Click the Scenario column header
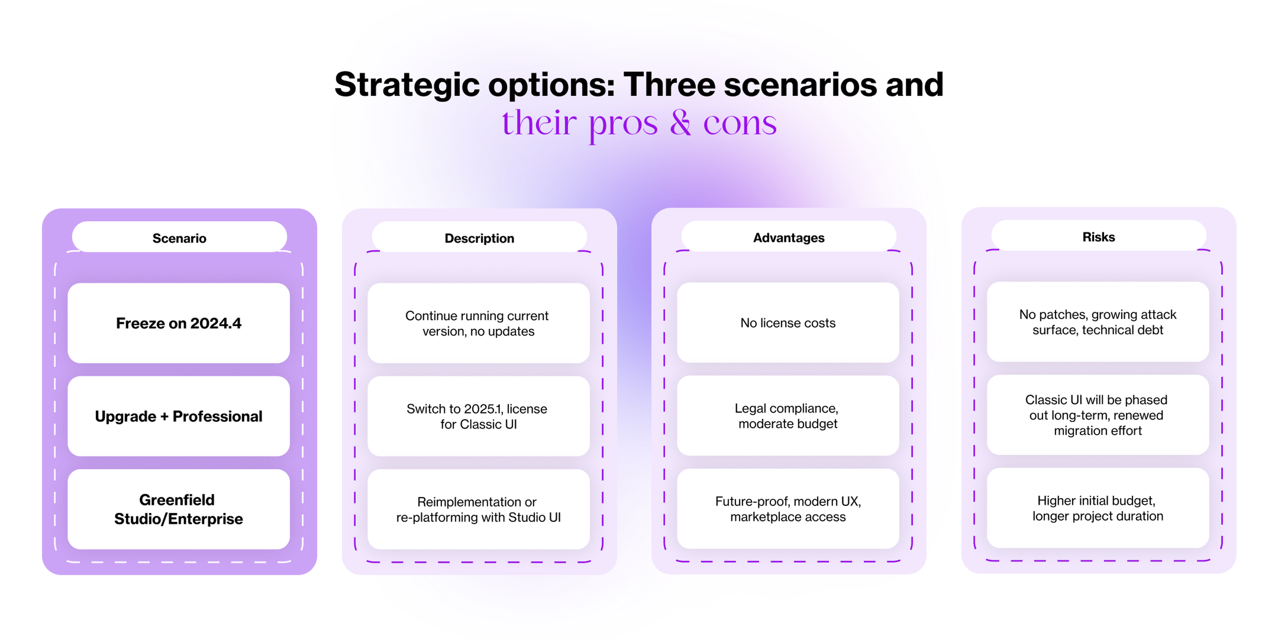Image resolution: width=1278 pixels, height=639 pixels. (x=179, y=238)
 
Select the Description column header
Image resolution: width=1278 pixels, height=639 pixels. (x=479, y=238)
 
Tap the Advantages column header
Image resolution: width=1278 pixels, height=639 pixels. (x=789, y=237)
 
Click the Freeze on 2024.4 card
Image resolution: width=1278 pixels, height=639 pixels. (x=179, y=323)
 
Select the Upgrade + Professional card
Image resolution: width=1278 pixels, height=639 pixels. (x=179, y=416)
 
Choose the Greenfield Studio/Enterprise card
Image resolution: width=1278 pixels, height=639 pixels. (x=179, y=509)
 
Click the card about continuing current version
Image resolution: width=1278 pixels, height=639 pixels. (x=478, y=323)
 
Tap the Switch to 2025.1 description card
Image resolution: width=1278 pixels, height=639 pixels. (x=478, y=416)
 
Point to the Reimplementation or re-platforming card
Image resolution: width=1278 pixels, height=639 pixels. (x=478, y=509)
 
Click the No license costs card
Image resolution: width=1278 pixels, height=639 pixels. (x=788, y=322)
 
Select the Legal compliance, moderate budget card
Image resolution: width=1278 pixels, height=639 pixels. (x=788, y=415)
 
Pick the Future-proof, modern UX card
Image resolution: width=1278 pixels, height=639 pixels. (x=788, y=508)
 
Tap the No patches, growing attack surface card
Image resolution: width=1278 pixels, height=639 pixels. (x=1098, y=321)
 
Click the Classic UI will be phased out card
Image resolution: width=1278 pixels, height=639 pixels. (x=1098, y=415)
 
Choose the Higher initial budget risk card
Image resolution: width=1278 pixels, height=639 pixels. (x=1098, y=508)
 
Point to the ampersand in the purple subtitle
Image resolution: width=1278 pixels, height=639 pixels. (x=680, y=122)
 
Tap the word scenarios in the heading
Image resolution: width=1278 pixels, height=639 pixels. (x=801, y=84)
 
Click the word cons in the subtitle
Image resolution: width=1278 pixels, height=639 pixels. (x=740, y=124)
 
